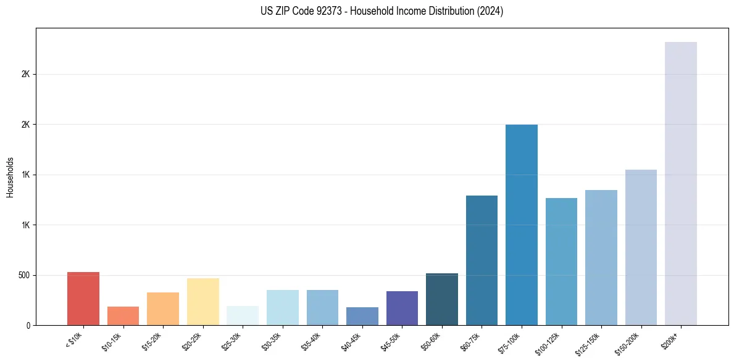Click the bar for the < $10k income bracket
83,299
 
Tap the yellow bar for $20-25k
203,302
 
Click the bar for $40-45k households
362,316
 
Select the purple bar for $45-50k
402,308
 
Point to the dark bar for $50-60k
442,299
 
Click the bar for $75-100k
522,225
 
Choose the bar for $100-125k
561,262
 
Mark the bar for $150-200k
641,247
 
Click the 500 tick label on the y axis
24,275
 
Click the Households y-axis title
10,177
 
